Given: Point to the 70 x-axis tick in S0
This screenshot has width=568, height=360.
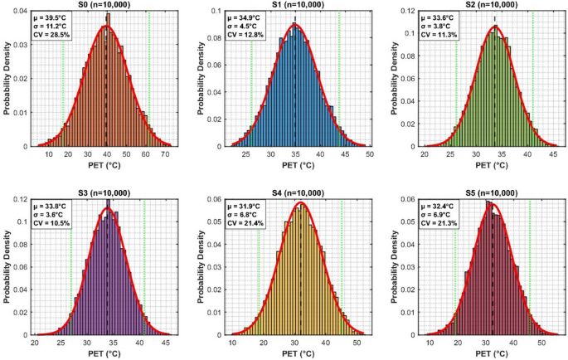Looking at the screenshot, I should coord(165,155).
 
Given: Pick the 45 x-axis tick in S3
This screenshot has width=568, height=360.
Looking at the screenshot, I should coord(165,343).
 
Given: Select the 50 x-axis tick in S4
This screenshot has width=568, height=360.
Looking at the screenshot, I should coord(357,343).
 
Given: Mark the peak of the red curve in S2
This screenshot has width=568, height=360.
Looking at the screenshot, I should coord(495,27).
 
